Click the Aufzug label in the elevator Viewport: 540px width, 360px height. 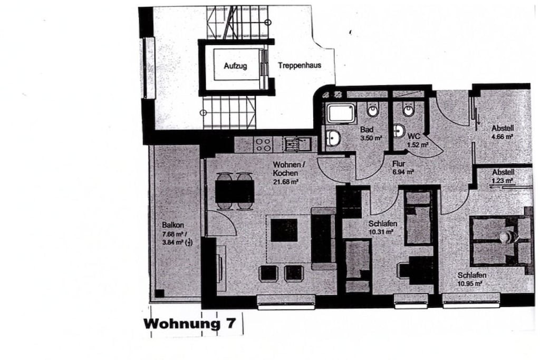235,65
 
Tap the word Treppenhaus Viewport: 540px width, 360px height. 300,65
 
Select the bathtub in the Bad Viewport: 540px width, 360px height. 341,113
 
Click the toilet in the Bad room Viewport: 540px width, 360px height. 373,109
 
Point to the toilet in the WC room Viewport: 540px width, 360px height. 409,109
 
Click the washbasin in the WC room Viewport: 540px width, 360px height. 399,131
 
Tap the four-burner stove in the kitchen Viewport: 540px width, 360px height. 263,144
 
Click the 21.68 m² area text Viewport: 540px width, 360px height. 285,182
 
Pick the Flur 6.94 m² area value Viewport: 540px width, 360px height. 403,172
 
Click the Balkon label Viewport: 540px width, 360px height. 173,225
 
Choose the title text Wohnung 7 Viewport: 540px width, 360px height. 190,324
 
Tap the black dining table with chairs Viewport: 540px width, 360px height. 235,191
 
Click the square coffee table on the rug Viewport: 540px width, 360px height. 284,230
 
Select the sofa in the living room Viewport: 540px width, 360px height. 323,238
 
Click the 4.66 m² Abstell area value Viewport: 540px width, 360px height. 502,137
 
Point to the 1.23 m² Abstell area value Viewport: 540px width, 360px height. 503,180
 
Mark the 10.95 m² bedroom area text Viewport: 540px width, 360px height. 470,284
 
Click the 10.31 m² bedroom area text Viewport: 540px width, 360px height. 381,232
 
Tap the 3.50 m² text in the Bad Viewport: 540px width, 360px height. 371,138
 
